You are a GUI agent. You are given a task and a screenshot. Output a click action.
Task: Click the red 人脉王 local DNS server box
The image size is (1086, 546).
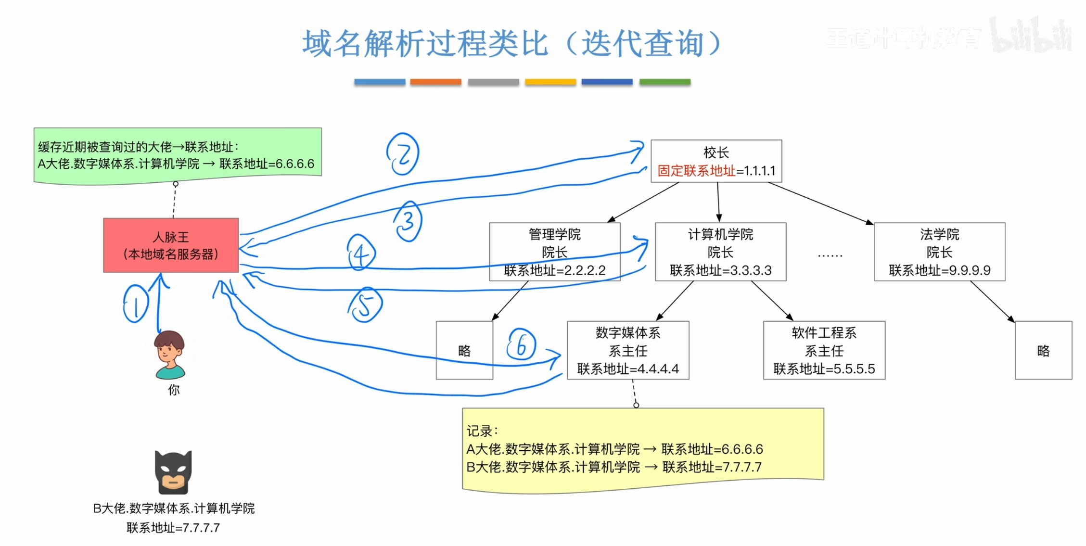[171, 245]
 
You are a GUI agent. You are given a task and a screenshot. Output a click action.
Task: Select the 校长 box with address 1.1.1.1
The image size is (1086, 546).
[716, 161]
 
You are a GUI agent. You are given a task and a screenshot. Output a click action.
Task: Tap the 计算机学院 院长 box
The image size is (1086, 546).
[720, 252]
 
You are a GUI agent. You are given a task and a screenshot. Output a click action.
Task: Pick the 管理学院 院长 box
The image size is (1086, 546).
[554, 252]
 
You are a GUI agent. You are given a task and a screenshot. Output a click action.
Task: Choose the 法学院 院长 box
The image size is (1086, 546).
[939, 252]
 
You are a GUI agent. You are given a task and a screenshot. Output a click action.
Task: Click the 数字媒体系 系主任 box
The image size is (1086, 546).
[628, 350]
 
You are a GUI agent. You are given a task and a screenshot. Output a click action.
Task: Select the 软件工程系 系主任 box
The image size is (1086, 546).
[824, 350]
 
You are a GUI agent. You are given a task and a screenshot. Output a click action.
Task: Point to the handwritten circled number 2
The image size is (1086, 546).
[403, 154]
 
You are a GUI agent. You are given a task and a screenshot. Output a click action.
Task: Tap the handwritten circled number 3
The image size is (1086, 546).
[408, 221]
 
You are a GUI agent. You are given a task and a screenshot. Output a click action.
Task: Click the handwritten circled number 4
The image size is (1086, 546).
[361, 253]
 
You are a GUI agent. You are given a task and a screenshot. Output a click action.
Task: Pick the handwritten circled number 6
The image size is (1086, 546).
[521, 344]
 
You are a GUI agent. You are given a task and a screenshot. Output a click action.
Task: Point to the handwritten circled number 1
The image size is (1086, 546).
[136, 304]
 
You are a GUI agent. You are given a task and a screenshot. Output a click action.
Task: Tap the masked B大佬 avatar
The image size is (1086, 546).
[173, 472]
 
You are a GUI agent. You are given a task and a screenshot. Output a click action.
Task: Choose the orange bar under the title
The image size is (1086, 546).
[435, 82]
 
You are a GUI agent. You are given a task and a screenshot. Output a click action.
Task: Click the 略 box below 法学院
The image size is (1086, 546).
[1043, 350]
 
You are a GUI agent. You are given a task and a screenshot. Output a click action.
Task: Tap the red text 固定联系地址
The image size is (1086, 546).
[696, 171]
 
